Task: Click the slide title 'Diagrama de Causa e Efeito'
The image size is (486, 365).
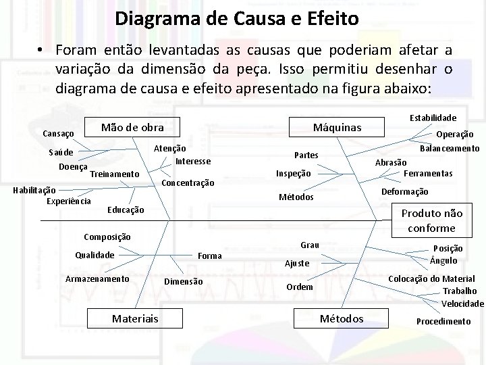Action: click(x=236, y=17)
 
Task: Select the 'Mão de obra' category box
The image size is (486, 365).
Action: click(x=132, y=126)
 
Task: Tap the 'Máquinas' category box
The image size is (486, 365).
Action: click(x=337, y=127)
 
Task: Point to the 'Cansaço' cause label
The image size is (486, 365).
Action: click(x=58, y=134)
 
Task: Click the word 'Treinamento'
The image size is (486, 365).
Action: click(x=114, y=174)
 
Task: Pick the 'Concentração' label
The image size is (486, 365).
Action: click(x=188, y=183)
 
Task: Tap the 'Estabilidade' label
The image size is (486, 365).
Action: click(x=433, y=118)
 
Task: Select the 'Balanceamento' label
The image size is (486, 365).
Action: click(x=450, y=148)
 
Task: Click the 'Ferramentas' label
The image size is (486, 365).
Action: click(x=427, y=173)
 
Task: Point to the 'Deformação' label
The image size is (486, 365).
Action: click(x=405, y=192)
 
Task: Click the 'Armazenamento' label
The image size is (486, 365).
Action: click(x=97, y=279)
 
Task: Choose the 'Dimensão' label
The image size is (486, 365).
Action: click(x=183, y=281)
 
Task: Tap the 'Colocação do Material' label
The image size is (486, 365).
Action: click(x=431, y=278)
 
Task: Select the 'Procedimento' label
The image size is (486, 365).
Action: click(x=443, y=321)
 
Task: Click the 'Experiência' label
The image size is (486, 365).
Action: click(x=69, y=201)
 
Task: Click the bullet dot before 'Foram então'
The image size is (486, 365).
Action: click(x=41, y=51)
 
